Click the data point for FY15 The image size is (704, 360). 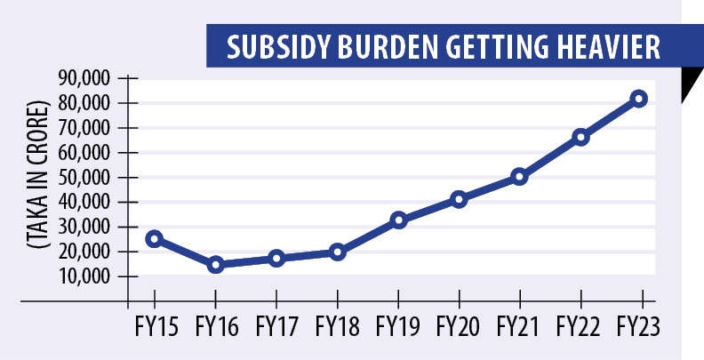[x=155, y=238]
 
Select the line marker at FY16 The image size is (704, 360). [x=215, y=264]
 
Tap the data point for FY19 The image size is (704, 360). [x=398, y=220]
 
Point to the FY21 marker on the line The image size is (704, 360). [x=520, y=177]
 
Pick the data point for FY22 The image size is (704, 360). [x=580, y=137]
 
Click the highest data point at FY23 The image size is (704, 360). [x=639, y=99]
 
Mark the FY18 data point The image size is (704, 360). [x=337, y=252]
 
